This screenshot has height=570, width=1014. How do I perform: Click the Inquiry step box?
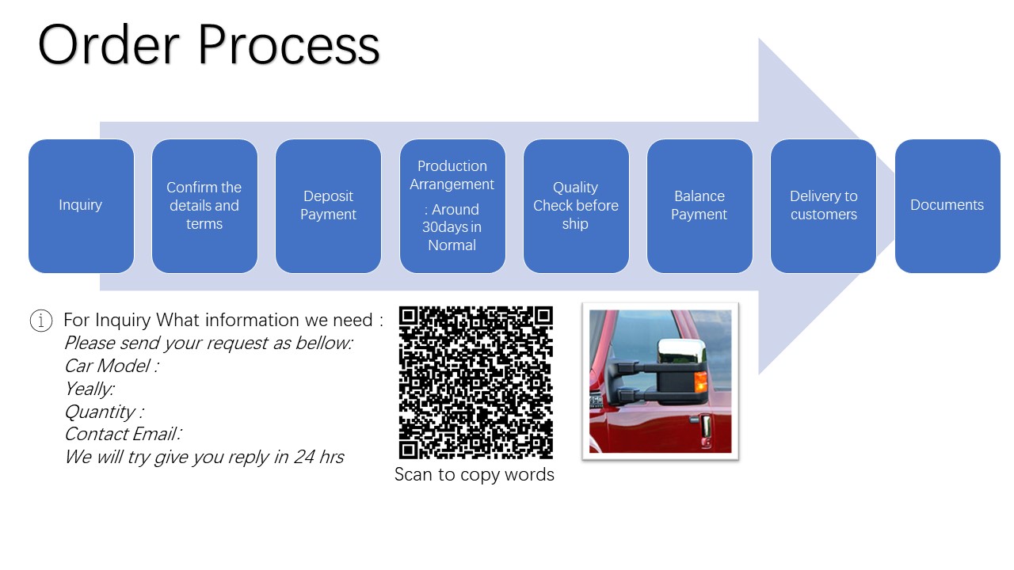(x=81, y=206)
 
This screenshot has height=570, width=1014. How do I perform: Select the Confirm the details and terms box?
(x=204, y=206)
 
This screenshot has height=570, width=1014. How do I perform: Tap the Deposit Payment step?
(x=328, y=206)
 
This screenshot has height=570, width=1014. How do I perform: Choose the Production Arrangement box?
(x=452, y=206)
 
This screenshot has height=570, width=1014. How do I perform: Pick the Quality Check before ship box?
(x=576, y=206)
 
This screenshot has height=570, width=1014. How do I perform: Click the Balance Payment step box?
(x=700, y=206)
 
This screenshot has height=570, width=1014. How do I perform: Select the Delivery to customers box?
(x=823, y=206)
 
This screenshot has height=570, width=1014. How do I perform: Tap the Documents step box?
(x=947, y=206)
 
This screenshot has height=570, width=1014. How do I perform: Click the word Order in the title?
(x=109, y=45)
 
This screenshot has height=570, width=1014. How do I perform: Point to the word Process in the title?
(x=289, y=45)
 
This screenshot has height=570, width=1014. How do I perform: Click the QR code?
(x=476, y=382)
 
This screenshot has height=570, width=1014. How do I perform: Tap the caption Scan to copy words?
(x=474, y=474)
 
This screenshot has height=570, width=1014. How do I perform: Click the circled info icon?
(x=41, y=321)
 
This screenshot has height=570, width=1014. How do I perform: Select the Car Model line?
(x=112, y=366)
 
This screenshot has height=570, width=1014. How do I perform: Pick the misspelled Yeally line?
(x=90, y=389)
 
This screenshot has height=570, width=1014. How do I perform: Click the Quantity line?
(x=104, y=412)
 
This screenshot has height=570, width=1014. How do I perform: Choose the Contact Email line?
(x=123, y=435)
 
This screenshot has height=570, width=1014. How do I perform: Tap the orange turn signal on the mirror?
(x=700, y=382)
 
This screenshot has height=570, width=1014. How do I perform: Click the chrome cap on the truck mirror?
(x=681, y=351)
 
